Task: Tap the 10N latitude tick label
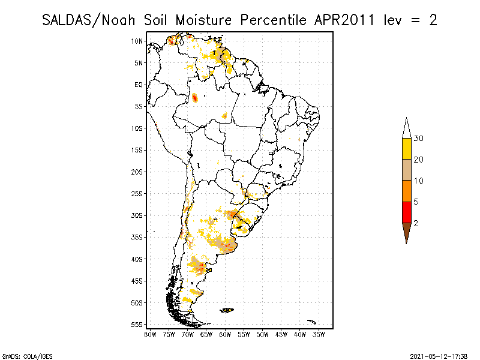[137, 41]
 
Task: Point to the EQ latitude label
[139, 85]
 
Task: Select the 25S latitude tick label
[137, 194]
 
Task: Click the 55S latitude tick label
[137, 325]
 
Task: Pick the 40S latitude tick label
[137, 259]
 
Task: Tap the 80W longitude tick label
[150, 334]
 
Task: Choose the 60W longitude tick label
[225, 334]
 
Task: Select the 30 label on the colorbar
[419, 139]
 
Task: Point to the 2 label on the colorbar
[416, 223]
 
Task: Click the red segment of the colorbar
[406, 212]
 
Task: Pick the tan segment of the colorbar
[406, 170]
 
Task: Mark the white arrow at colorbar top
[406, 128]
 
